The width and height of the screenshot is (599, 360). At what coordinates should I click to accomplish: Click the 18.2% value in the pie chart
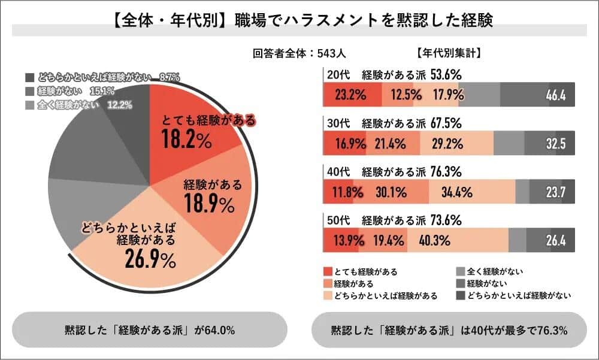pos(186,140)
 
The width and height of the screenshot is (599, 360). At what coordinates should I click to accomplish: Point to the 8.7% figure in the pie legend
pos(170,77)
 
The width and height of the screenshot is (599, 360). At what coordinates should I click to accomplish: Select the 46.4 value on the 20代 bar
pos(556,95)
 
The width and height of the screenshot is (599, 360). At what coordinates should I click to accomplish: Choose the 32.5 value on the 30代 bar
pos(556,144)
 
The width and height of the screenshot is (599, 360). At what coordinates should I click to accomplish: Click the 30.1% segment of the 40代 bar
pos(391,192)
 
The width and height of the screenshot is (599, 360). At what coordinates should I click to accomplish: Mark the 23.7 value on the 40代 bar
pos(556,192)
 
